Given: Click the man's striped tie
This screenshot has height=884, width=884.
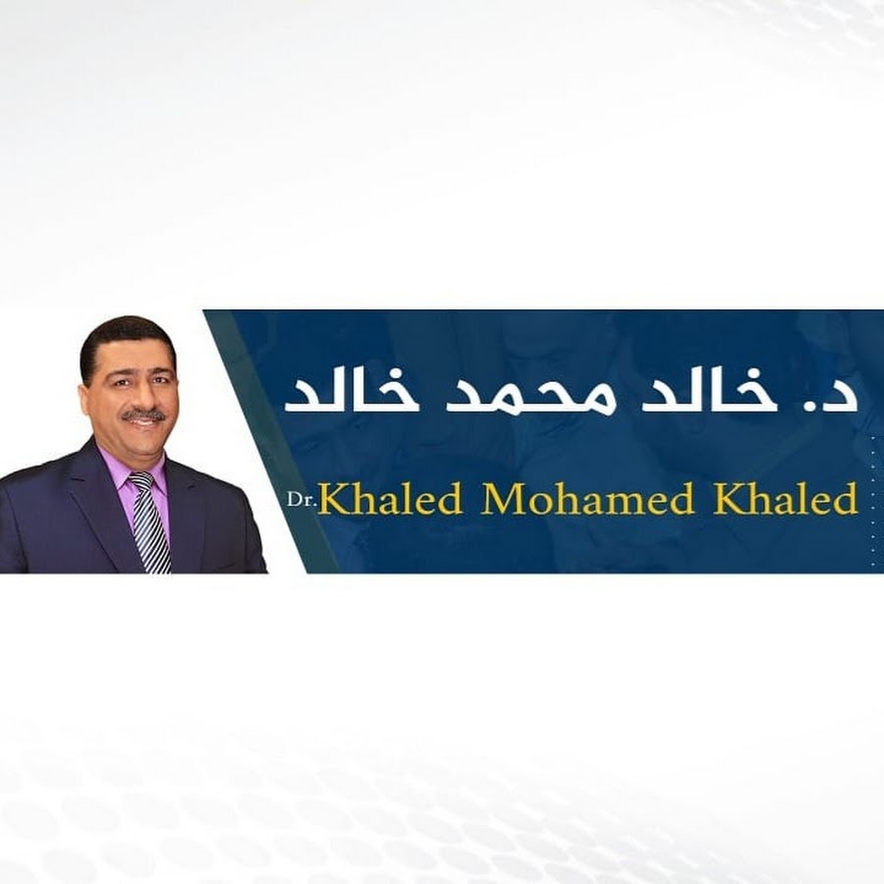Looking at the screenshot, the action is click(148, 522).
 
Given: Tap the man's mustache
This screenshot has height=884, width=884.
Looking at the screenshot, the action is click(144, 416).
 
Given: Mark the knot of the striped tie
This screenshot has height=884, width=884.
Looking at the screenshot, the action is click(140, 481).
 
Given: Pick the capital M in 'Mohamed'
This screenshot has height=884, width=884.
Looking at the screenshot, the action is click(502, 499).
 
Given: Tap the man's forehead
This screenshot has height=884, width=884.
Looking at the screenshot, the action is click(131, 356).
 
